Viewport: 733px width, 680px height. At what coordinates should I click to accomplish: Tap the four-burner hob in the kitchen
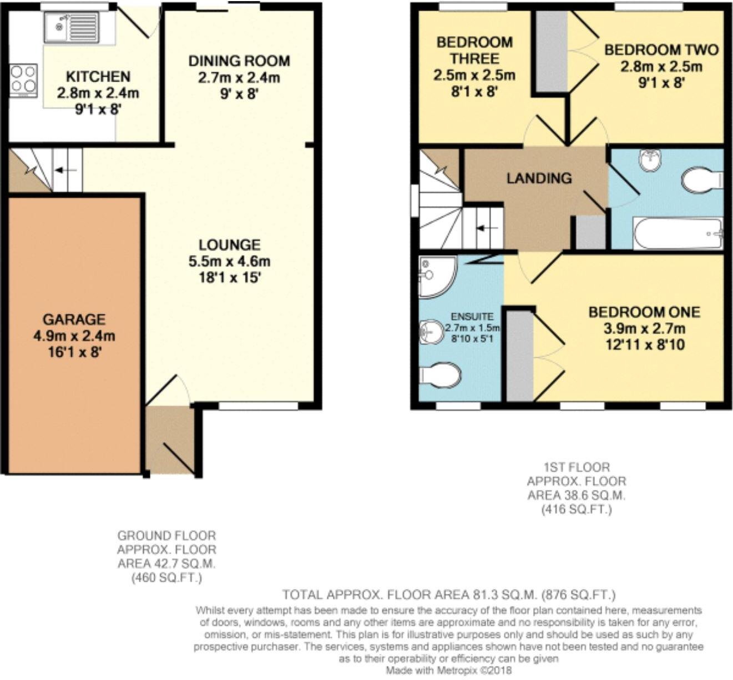pos(23,79)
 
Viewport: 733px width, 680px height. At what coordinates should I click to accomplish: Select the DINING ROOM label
pos(239,61)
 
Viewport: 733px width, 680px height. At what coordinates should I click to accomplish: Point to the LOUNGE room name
pos(229,244)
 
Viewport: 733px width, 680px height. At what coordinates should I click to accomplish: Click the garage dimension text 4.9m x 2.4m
pos(74,336)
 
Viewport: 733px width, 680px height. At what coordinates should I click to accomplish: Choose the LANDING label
pos(539,178)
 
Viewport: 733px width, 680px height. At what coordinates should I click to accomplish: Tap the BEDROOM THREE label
pos(474,50)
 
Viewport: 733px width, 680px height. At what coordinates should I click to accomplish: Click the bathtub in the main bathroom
pos(677,233)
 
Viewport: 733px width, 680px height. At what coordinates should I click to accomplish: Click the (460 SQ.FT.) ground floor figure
pos(166,578)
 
